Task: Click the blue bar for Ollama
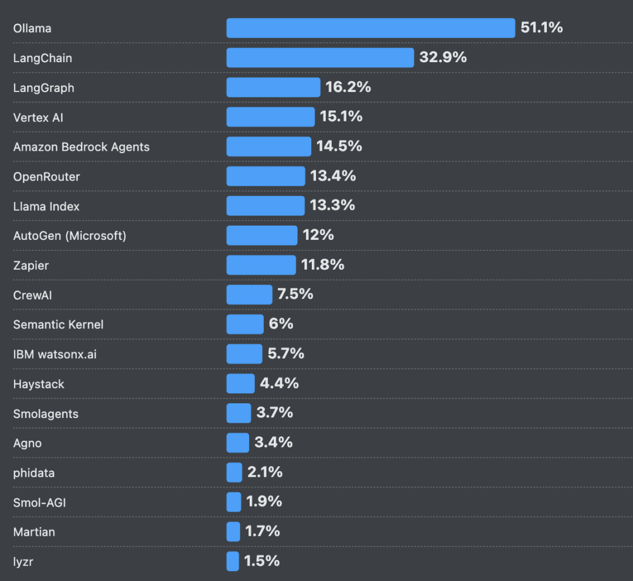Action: pos(370,28)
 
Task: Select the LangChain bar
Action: pos(320,57)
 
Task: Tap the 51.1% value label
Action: pos(542,28)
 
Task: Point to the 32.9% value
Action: pos(443,57)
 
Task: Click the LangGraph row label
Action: pos(43,88)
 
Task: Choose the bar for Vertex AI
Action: pos(270,117)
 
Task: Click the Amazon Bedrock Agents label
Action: pos(81,147)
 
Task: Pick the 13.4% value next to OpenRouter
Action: pos(333,176)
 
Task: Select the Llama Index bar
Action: pos(266,206)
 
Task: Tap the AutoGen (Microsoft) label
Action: pos(69,236)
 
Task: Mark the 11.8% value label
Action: pos(322,265)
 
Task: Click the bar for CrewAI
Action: pos(249,294)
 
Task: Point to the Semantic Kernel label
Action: pos(58,325)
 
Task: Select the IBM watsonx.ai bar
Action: pos(244,354)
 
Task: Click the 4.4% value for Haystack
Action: pos(279,383)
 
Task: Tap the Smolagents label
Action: pos(46,414)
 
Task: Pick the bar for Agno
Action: pos(237,443)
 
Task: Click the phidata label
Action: pos(34,473)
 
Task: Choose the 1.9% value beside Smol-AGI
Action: pos(264,501)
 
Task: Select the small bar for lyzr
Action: pos(233,561)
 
